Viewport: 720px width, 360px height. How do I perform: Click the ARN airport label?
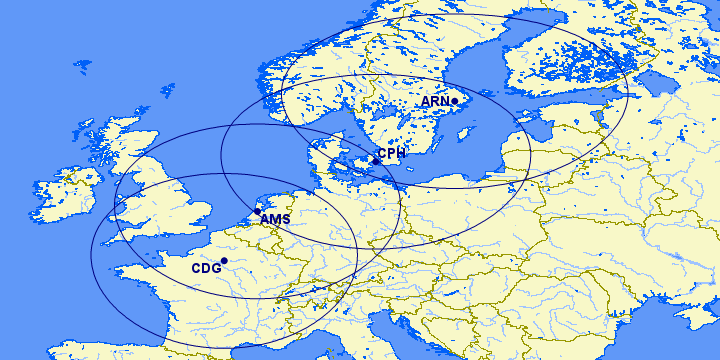[x=434, y=102]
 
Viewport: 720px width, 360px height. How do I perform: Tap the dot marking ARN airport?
[x=454, y=101]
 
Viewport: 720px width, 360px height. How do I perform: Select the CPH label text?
[x=392, y=153]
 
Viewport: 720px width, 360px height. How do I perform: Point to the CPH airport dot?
[x=375, y=161]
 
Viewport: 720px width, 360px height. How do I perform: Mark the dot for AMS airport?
[x=257, y=211]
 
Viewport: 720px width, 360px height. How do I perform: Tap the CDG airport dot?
[x=224, y=261]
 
